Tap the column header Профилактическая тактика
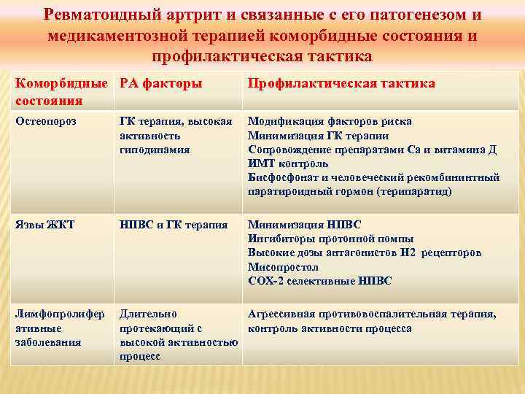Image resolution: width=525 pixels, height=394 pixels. click(341, 83)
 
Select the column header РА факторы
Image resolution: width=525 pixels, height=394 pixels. click(160, 83)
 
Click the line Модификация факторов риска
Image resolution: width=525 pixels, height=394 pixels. click(330, 121)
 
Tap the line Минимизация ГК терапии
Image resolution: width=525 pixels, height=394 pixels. click(318, 135)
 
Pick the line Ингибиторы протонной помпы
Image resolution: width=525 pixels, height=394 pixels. click(330, 239)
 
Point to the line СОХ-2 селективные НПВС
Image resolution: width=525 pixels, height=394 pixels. click(319, 281)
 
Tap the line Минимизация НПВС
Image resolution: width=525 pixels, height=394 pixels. click(304, 225)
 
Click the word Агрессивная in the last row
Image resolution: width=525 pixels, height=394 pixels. click(280, 314)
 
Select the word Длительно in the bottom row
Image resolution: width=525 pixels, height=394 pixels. click(144, 314)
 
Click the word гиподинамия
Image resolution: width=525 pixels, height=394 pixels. click(155, 149)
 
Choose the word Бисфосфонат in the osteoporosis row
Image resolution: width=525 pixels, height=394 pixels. click(281, 177)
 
